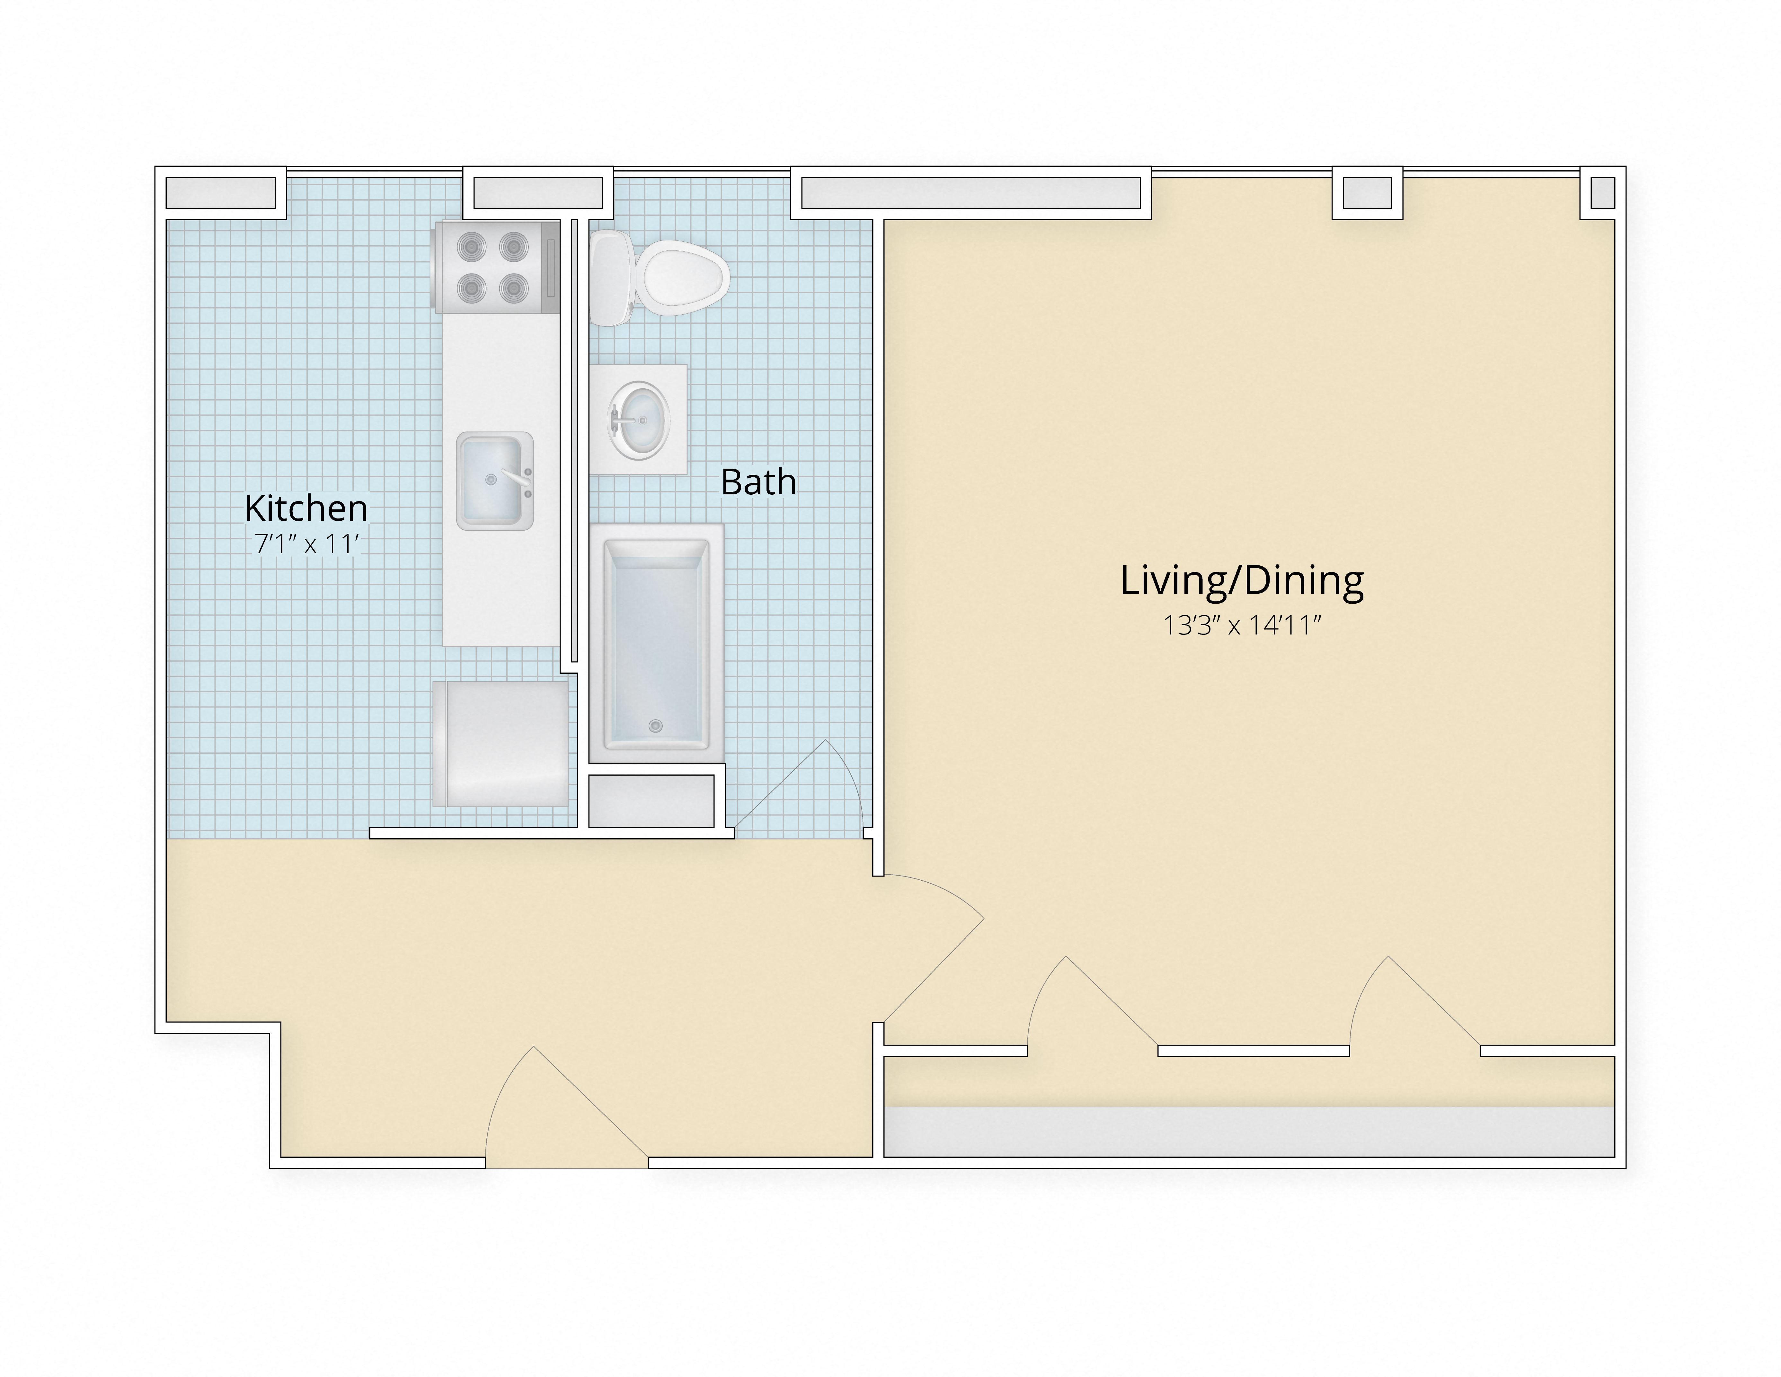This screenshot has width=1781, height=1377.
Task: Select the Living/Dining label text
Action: [x=1241, y=581]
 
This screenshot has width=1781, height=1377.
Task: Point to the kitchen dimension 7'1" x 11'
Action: [x=306, y=544]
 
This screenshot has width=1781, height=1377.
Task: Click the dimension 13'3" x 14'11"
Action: [x=1241, y=626]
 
